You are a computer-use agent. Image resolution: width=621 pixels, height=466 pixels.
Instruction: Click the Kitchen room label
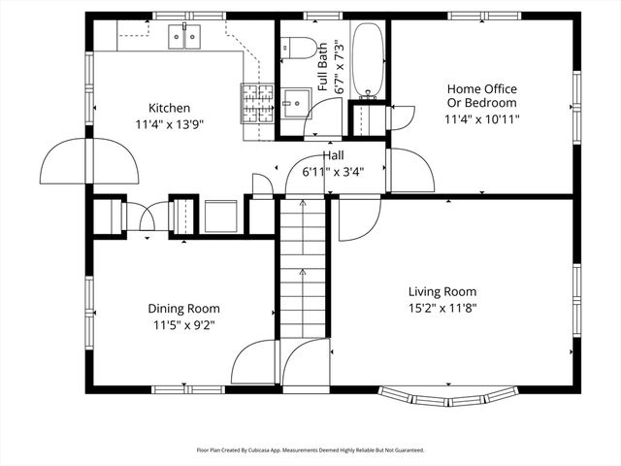click(169, 108)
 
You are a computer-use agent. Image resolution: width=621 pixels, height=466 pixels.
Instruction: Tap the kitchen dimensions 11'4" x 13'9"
click(169, 123)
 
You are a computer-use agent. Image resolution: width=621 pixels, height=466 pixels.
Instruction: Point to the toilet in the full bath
click(299, 48)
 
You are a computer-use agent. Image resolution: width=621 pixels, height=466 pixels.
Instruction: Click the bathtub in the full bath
click(368, 59)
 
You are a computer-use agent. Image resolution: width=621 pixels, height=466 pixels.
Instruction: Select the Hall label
click(334, 155)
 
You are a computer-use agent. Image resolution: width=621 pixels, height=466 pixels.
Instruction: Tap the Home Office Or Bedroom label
click(481, 96)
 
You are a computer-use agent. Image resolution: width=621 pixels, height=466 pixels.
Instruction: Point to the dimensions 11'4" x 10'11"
click(481, 120)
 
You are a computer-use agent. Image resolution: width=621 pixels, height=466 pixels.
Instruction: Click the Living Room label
click(441, 291)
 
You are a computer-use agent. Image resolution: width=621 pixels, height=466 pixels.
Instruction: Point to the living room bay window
click(446, 397)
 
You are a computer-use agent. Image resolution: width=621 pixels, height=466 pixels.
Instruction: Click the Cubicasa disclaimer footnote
click(310, 450)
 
